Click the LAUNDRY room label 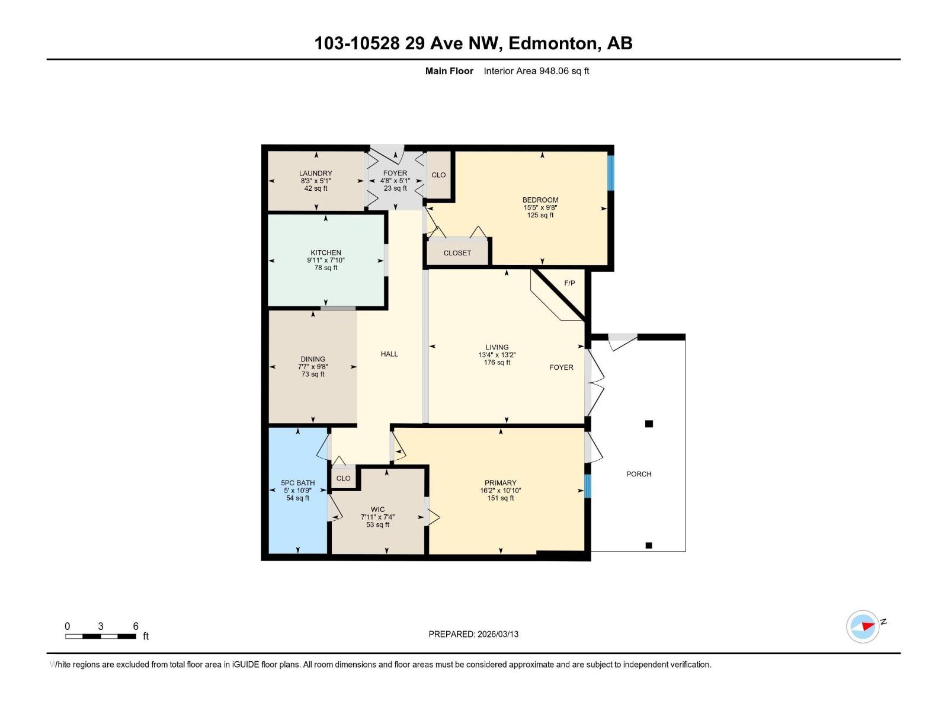coord(315,173)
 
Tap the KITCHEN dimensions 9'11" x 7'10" coord(325,260)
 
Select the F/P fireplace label coord(569,283)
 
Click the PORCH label coord(639,474)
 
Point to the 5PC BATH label coord(297,483)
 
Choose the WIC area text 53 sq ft coord(377,525)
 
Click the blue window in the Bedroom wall coord(610,172)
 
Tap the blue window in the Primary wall coord(588,485)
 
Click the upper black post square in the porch coord(649,424)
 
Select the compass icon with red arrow coord(863,626)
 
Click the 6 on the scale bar coord(136,626)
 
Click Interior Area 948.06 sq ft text coord(536,71)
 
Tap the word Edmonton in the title coord(552,43)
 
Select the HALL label coord(389,354)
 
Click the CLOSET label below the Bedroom coord(457,253)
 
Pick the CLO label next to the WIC coord(343,478)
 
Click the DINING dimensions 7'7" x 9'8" coord(313,367)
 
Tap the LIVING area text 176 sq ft coord(497,363)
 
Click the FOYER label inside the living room coord(561,367)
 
